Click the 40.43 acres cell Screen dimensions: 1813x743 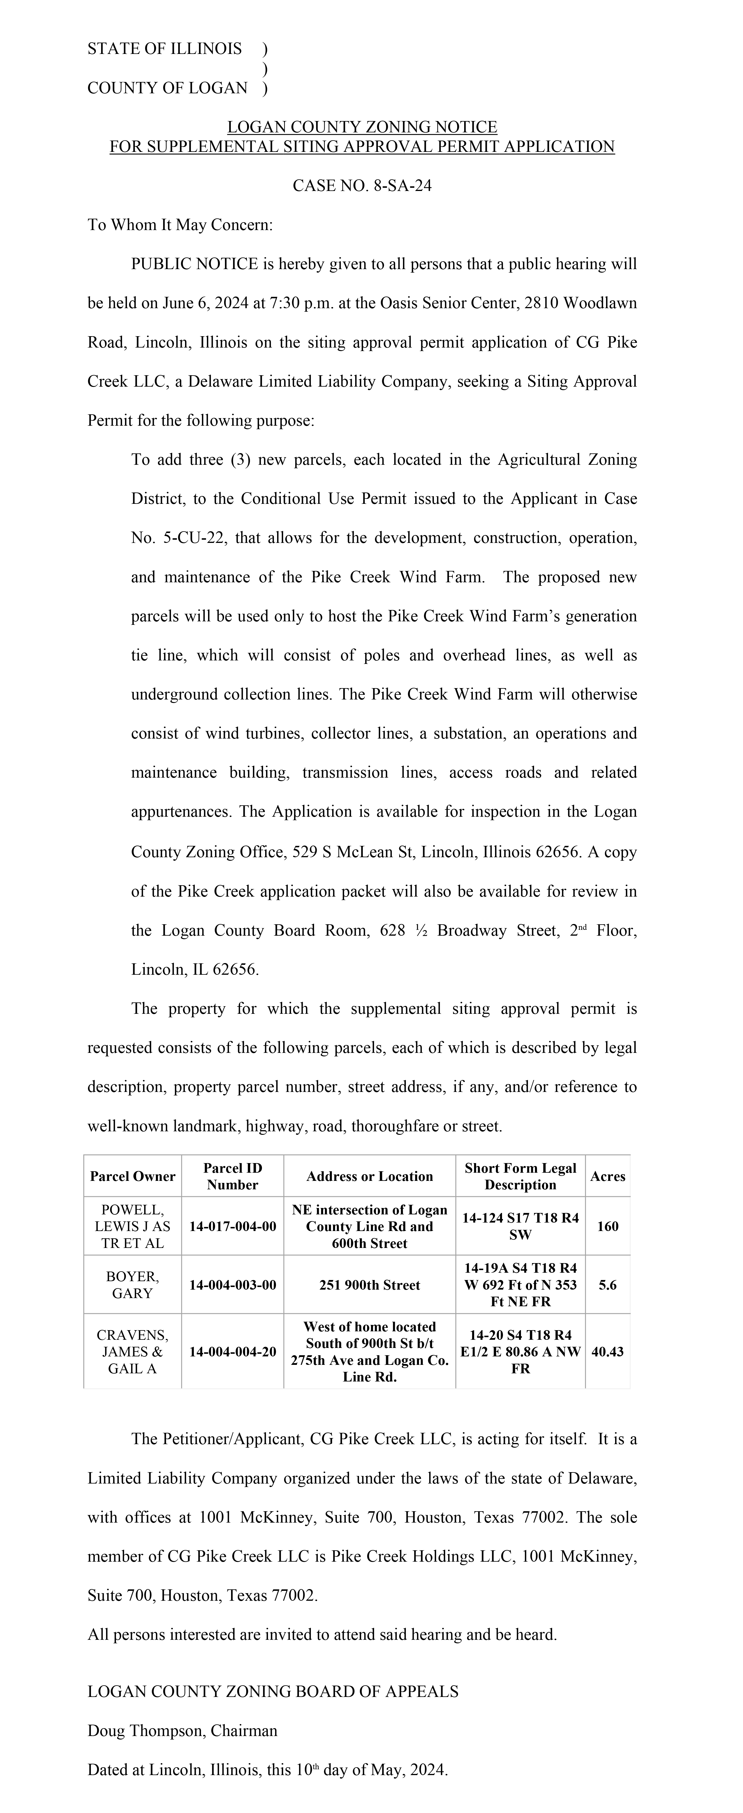click(x=607, y=1351)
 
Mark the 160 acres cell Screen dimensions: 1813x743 click(x=607, y=1226)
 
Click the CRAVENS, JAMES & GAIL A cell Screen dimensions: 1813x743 click(x=132, y=1351)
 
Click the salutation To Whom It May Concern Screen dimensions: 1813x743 click(x=179, y=225)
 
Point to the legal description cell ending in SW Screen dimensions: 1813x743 click(x=520, y=1226)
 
